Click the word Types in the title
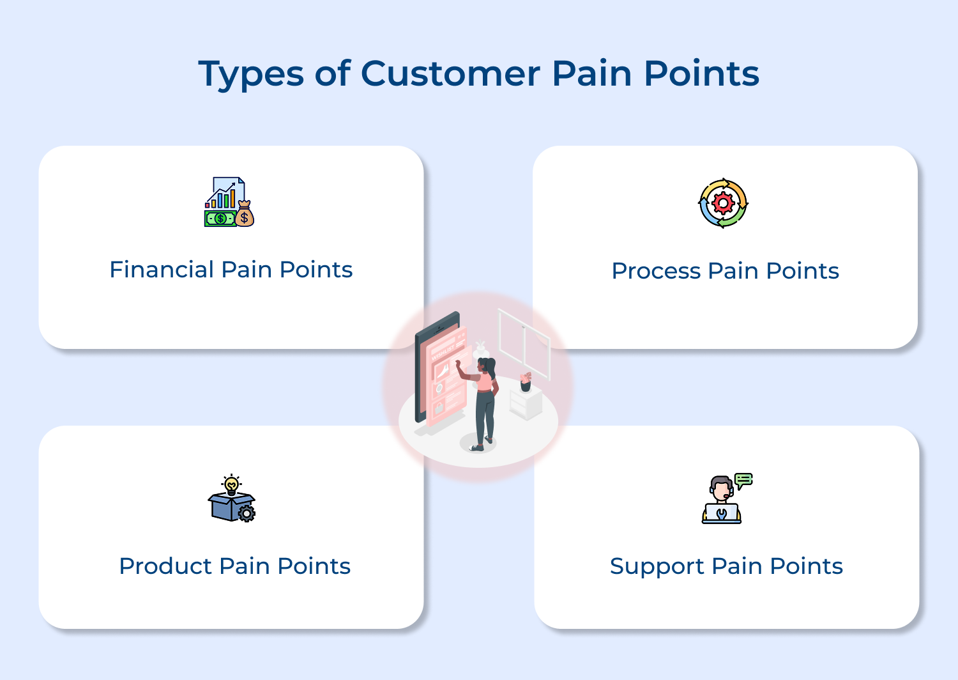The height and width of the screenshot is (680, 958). (x=251, y=74)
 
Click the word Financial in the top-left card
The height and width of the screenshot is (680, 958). (x=162, y=270)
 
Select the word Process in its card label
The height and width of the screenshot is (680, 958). (x=656, y=272)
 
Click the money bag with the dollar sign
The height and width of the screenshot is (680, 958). (x=244, y=215)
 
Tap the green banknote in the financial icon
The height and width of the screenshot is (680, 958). (x=219, y=219)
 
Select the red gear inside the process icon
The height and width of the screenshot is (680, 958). (x=723, y=203)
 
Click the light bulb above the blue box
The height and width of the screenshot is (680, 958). (x=231, y=485)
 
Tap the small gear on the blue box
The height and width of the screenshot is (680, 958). (x=247, y=513)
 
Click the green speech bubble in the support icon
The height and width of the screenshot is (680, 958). (x=743, y=479)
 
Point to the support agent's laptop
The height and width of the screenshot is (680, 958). (x=722, y=514)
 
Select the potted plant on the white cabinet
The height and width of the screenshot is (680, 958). (x=526, y=382)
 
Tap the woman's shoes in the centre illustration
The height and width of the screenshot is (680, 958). (x=482, y=444)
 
